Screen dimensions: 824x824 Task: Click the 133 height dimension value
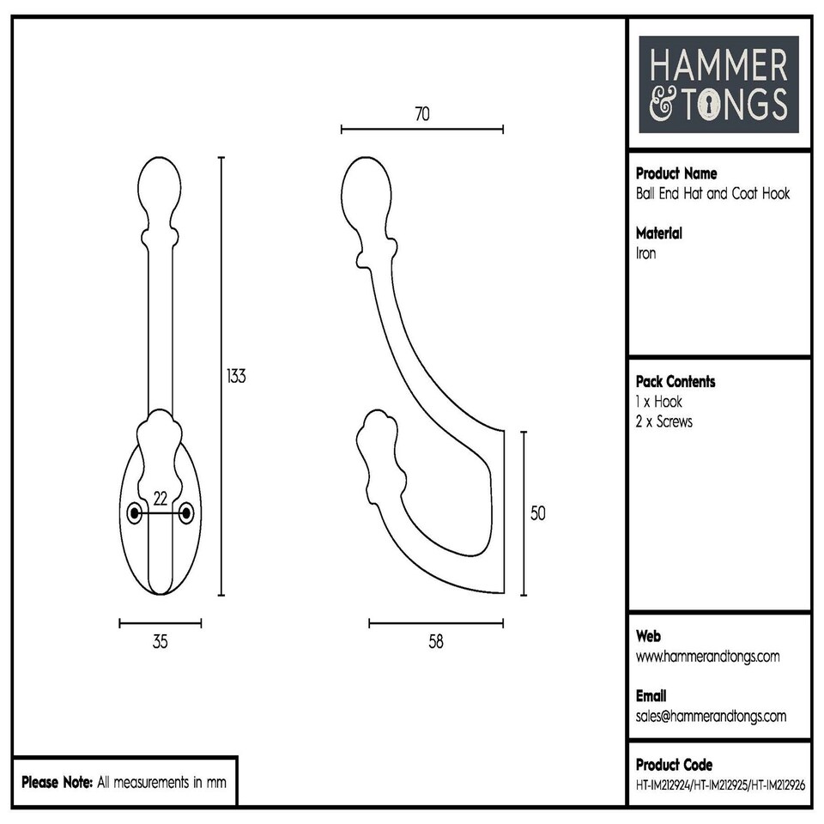[x=236, y=376]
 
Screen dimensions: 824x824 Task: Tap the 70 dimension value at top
[x=421, y=113]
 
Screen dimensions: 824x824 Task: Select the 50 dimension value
[x=538, y=513]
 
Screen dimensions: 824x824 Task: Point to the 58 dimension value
[x=436, y=642]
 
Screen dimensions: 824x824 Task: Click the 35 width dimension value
[x=160, y=642]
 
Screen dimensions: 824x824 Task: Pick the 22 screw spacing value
[x=160, y=499]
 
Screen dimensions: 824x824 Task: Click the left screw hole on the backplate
[x=134, y=513]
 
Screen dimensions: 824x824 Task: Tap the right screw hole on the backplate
[x=186, y=513]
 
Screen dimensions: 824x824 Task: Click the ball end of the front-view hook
[x=160, y=185]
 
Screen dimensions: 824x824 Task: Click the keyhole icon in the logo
[x=711, y=105]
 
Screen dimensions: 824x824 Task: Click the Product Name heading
[x=676, y=173]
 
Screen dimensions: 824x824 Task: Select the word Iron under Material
[x=645, y=253]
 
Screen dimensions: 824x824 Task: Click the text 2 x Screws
[x=664, y=421]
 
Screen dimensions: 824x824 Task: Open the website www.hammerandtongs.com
[x=707, y=657]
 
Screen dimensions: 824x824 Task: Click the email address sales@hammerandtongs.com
[x=711, y=716]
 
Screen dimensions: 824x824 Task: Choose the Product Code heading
[x=674, y=764]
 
